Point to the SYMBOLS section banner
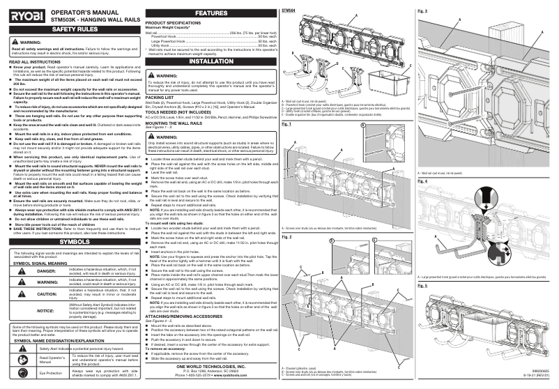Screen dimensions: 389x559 click(x=70, y=222)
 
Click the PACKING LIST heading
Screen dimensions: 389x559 click(x=159, y=98)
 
